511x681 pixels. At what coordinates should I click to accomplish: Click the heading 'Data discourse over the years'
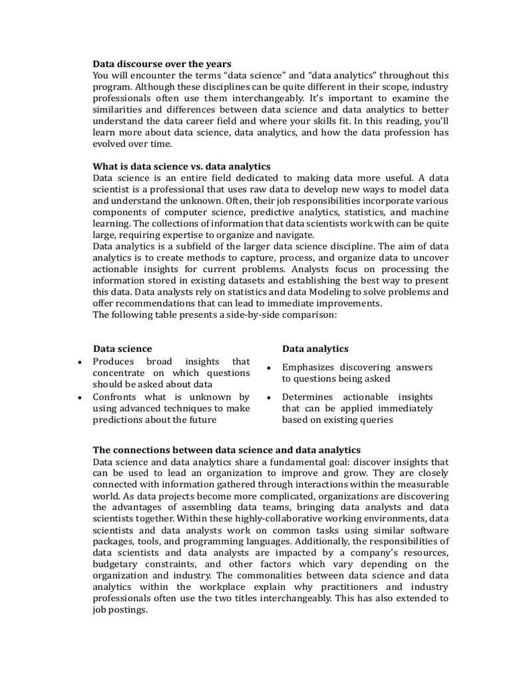pos(162,64)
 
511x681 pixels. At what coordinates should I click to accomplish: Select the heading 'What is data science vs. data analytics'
pos(182,166)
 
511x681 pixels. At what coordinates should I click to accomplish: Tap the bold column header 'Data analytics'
pos(315,348)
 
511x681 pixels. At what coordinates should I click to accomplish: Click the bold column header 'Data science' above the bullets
pos(122,348)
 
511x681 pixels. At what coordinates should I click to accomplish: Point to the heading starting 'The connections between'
pos(226,450)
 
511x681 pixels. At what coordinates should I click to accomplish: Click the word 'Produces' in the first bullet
pos(114,361)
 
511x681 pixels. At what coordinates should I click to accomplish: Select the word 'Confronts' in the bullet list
pos(115,397)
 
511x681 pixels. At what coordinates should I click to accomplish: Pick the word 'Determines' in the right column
pos(308,397)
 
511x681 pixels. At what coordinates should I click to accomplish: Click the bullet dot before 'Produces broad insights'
pos(80,362)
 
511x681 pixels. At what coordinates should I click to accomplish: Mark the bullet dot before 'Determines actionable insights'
pos(267,398)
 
